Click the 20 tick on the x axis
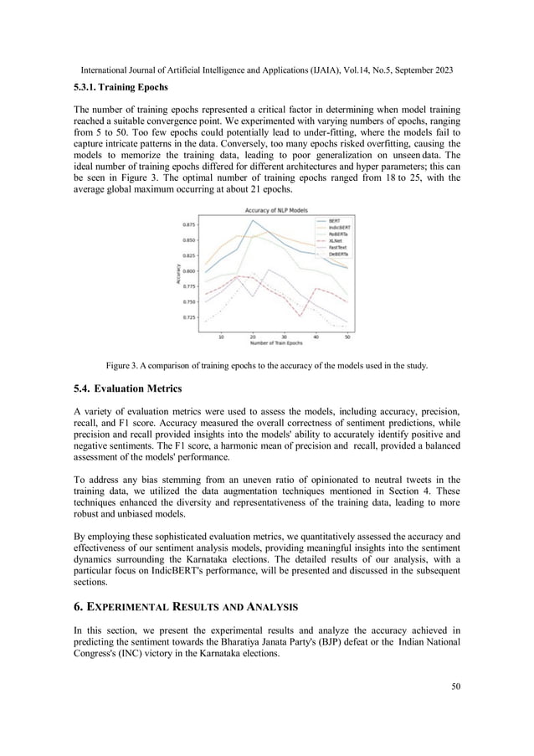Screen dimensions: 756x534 pyautogui.click(x=253, y=337)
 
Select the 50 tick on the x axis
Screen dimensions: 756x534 pyautogui.click(x=347, y=337)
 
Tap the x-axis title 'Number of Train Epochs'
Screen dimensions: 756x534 pyautogui.click(x=275, y=343)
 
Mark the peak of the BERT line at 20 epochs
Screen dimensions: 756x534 pyautogui.click(x=253, y=220)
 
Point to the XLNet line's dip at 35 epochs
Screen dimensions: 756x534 pyautogui.click(x=300, y=316)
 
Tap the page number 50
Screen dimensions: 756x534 pyautogui.click(x=455, y=687)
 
